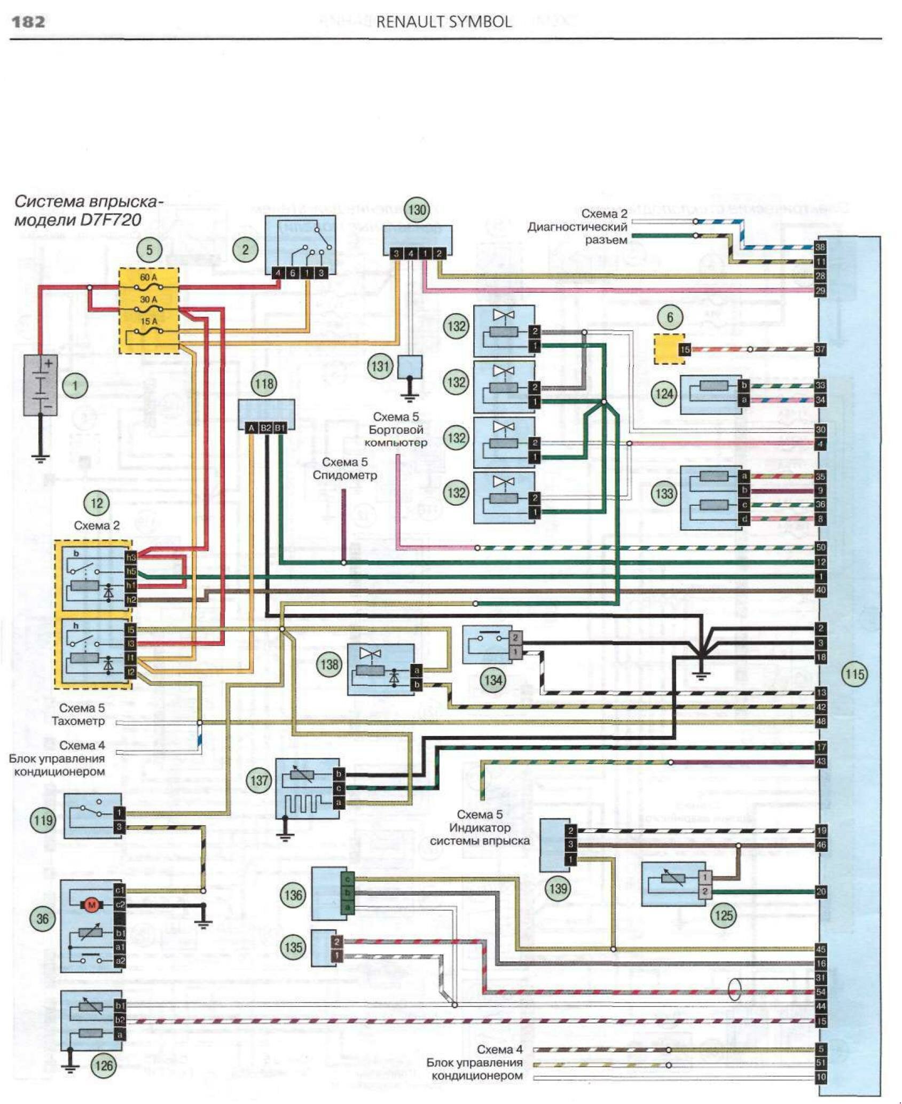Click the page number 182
(x=28, y=22)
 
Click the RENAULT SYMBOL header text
(x=444, y=22)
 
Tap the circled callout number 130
(x=417, y=210)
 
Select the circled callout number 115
(x=854, y=674)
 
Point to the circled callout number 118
(x=264, y=383)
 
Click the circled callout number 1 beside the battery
(x=75, y=386)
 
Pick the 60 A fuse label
(x=148, y=278)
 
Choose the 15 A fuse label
(x=149, y=322)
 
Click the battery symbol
(x=40, y=385)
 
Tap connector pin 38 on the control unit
(x=820, y=247)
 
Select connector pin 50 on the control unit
(x=820, y=547)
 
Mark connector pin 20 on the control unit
(x=820, y=891)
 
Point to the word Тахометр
(x=78, y=721)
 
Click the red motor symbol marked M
(x=91, y=905)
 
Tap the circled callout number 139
(x=558, y=888)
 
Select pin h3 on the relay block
(x=131, y=557)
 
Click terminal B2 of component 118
(x=265, y=428)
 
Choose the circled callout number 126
(x=104, y=1066)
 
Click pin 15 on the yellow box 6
(x=685, y=350)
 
